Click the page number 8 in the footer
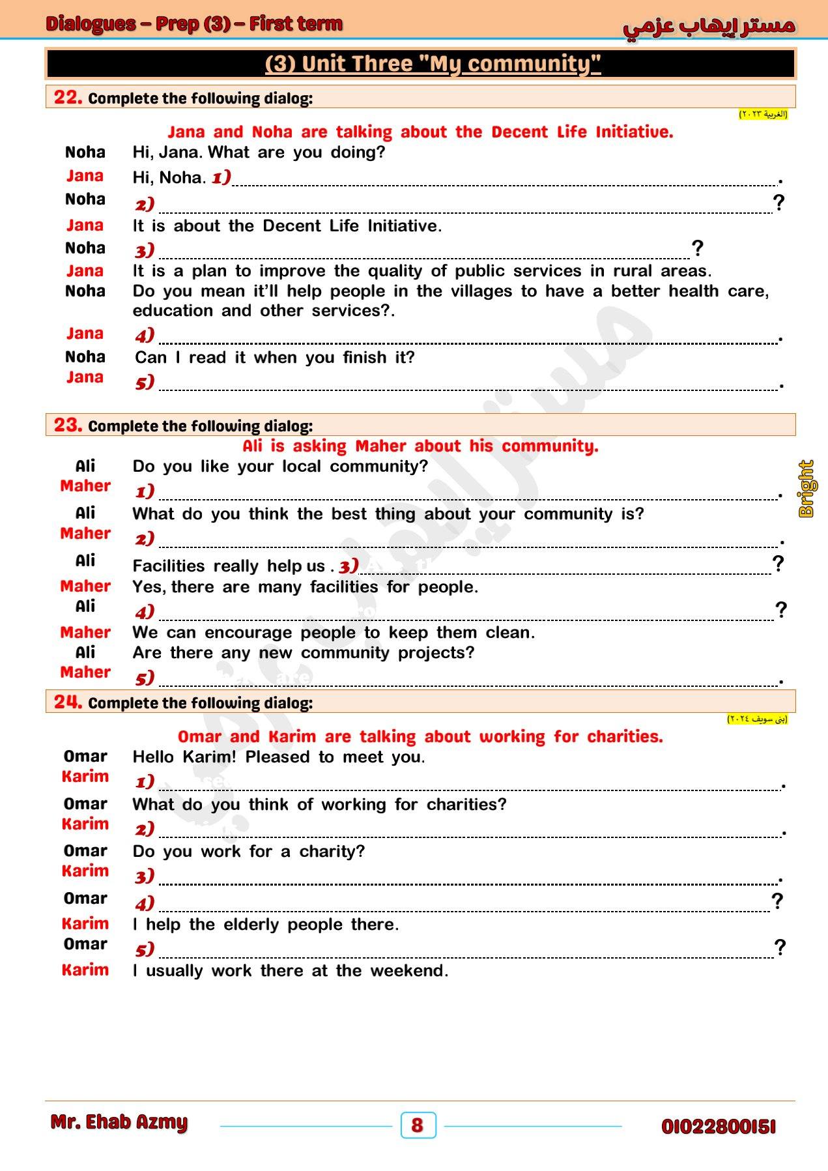coord(418,1125)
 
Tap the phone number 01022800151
coord(719,1126)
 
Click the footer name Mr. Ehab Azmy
coord(119,1122)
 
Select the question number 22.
coord(68,97)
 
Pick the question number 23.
coord(68,425)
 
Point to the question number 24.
coord(68,702)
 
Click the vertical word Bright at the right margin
coord(807,489)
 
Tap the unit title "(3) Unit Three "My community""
coord(433,64)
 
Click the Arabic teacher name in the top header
coord(709,26)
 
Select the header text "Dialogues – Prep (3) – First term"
coord(194,24)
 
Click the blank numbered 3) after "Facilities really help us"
coord(565,566)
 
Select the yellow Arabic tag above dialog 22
coord(763,115)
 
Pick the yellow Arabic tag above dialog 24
coord(757,719)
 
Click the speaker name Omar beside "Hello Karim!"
coord(85,756)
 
